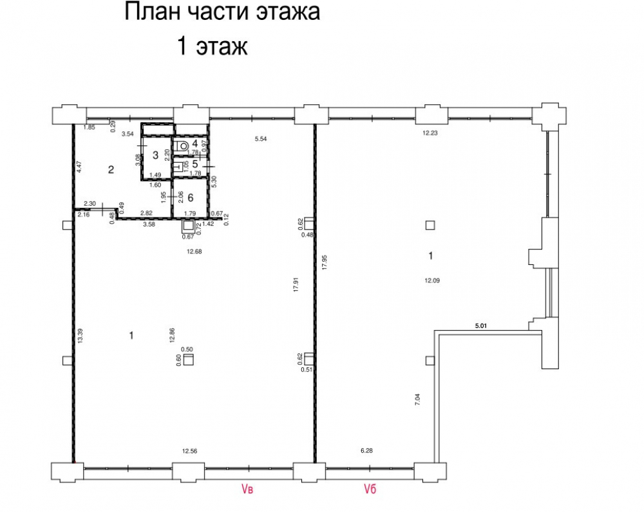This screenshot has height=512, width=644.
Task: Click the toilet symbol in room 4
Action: [181, 145]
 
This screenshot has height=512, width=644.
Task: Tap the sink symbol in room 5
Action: [178, 167]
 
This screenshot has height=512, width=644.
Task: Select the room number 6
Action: [190, 197]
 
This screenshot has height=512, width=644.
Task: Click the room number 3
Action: [155, 155]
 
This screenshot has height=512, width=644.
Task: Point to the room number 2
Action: [111, 169]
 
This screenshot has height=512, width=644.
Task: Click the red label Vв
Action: [247, 489]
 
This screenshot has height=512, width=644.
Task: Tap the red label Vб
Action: [370, 489]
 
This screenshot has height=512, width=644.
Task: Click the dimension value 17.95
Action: [325, 262]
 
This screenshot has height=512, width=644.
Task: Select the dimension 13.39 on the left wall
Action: [80, 336]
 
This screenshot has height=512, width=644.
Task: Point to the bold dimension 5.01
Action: [481, 326]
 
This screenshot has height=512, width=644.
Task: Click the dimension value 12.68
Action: [194, 251]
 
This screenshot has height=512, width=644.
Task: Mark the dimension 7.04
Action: [418, 399]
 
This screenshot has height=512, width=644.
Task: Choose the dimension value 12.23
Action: [430, 133]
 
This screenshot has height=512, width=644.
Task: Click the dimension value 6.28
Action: [367, 450]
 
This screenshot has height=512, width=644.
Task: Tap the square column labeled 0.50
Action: [189, 360]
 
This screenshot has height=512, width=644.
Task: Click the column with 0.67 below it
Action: [188, 226]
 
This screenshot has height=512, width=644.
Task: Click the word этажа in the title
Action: [289, 12]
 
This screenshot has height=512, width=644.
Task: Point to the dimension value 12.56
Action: [190, 451]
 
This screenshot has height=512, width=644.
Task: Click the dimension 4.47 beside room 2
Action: [80, 166]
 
